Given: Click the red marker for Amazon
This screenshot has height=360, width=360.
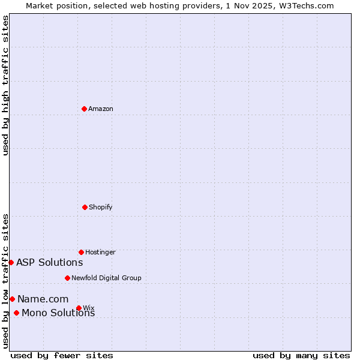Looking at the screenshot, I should click(x=84, y=109).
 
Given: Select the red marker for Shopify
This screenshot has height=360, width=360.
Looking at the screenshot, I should click(x=85, y=207).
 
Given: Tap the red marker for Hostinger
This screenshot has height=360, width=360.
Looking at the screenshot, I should click(x=81, y=252).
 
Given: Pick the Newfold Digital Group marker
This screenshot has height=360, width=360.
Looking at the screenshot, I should click(x=67, y=278).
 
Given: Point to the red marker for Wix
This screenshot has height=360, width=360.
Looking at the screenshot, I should click(x=79, y=308).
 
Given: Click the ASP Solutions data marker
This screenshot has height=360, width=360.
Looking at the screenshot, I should click(x=11, y=262).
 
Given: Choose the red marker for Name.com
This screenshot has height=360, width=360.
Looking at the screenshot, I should click(x=12, y=299).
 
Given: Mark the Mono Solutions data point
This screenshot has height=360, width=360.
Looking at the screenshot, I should click(x=16, y=313).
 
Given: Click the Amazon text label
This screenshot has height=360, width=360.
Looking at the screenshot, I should click(x=101, y=109).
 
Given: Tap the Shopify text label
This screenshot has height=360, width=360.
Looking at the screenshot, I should click(x=101, y=207).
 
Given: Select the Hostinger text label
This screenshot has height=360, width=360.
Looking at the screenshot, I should click(x=100, y=252).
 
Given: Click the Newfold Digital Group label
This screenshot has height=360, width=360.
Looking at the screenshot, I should click(x=106, y=278).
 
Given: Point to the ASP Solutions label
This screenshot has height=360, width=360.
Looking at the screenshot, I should click(x=50, y=262).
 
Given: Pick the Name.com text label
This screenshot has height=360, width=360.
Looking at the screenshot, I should click(x=43, y=299).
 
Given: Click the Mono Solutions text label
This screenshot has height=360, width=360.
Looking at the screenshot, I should click(x=58, y=313).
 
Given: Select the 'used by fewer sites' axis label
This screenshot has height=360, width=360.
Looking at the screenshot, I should click(x=62, y=355).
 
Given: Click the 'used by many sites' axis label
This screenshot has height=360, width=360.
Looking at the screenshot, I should click(x=301, y=355).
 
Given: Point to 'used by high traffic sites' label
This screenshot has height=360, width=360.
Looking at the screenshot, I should click(x=5, y=85).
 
